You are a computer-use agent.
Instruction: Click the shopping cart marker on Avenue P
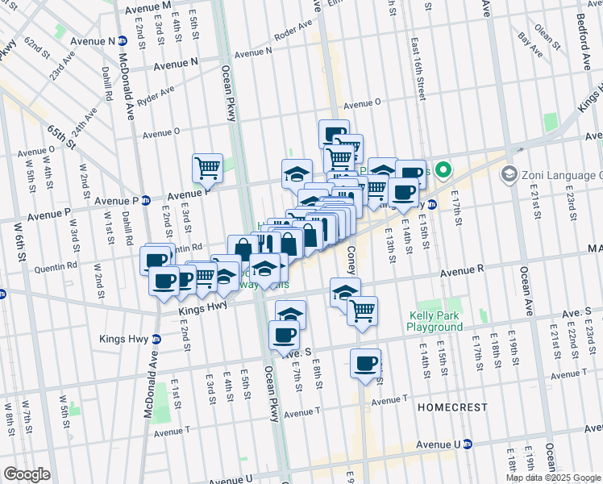(x=207, y=167)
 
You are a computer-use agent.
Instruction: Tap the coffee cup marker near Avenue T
(x=365, y=362)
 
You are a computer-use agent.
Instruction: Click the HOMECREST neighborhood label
(x=450, y=408)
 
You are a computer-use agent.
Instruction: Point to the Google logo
(x=26, y=474)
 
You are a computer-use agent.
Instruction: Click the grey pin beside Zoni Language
(x=509, y=174)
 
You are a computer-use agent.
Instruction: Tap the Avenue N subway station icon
(x=122, y=40)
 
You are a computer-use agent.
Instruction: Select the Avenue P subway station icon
(x=146, y=200)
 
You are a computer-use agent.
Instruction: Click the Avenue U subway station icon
(x=468, y=444)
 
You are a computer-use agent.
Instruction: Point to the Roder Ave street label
(x=293, y=35)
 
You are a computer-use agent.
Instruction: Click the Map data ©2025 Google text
(x=553, y=477)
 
